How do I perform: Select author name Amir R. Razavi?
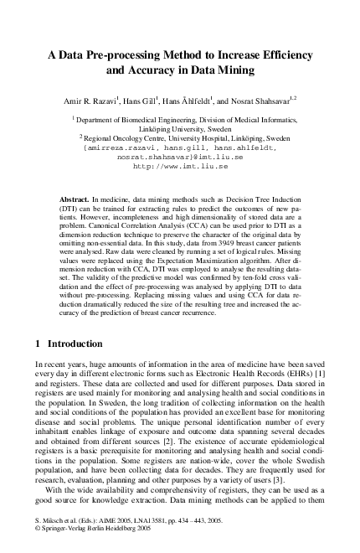pyautogui.click(x=86, y=100)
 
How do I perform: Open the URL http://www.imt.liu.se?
pyautogui.click(x=181, y=166)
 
